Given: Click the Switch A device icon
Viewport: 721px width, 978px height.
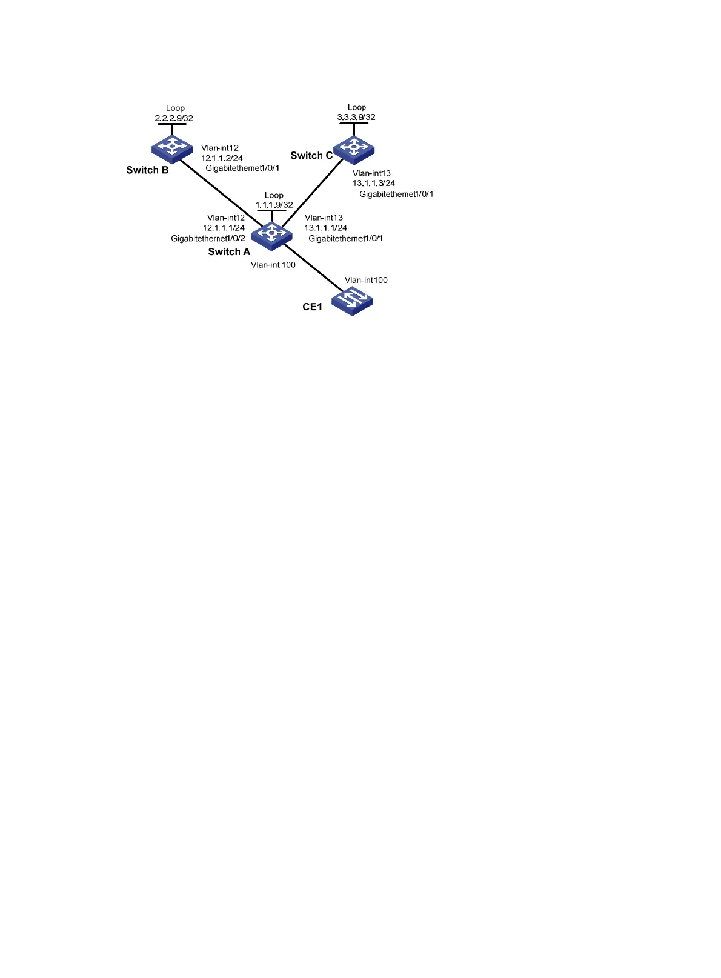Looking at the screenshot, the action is click(271, 234).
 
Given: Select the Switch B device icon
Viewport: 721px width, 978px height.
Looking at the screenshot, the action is click(172, 147).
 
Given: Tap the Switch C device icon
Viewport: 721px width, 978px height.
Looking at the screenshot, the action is click(354, 148).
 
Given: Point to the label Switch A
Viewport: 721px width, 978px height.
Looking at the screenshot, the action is click(229, 252).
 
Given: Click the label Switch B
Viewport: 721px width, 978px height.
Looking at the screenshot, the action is click(147, 170).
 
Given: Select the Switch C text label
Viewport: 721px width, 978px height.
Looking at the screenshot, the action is click(311, 156).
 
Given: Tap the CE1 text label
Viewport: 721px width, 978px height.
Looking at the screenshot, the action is click(312, 307).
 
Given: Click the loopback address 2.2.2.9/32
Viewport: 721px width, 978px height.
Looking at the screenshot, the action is click(174, 118).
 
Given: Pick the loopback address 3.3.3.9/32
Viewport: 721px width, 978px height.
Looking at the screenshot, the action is click(356, 117).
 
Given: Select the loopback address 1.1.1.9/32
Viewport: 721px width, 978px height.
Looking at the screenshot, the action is click(274, 205).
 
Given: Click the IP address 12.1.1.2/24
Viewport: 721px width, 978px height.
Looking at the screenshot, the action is click(222, 158).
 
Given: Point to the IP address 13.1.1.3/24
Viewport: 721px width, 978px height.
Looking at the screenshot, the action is click(374, 183).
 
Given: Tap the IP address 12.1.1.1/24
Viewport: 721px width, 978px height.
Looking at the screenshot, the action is click(224, 228).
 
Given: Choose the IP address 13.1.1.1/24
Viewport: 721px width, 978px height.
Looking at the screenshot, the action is click(325, 228).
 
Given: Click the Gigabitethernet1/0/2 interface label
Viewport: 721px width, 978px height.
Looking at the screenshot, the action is click(208, 239).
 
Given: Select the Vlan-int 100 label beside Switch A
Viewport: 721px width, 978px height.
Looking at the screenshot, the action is click(273, 265).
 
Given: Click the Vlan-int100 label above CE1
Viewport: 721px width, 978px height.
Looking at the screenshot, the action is click(366, 280).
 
